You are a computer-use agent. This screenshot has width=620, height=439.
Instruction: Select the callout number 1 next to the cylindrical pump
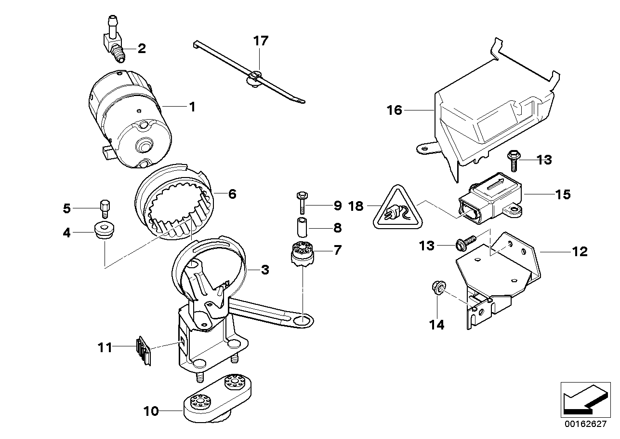coord(192,107)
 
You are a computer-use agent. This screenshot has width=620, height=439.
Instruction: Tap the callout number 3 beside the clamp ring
coord(264,270)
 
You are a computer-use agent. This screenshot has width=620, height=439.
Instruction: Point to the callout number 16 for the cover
coord(394,110)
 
